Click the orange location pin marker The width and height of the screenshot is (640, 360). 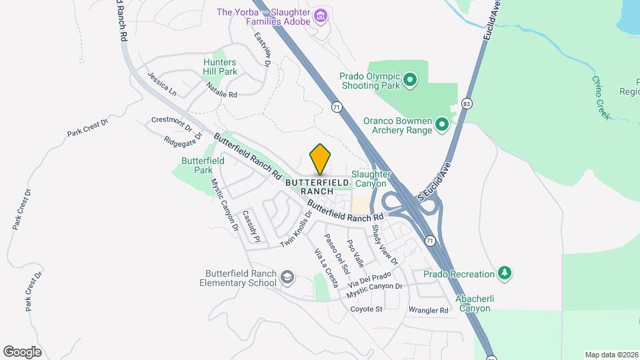coord(321,159)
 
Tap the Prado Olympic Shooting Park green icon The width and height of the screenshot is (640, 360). coord(410,81)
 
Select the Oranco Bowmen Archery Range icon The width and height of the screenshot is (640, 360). coord(441,125)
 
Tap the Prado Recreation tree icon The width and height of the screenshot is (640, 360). coord(505,273)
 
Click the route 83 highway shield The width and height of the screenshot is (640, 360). coord(466,105)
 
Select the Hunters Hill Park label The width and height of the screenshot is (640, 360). coord(220,66)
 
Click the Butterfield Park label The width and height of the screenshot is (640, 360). coord(197,165)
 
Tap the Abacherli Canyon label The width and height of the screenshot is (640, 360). coord(474,303)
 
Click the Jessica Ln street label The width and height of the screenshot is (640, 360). coord(162,84)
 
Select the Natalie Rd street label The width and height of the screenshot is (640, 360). coord(221,90)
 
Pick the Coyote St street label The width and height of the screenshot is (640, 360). coord(367,309)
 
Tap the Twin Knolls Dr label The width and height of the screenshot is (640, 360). coord(296,230)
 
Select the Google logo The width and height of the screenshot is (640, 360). coord(22,351)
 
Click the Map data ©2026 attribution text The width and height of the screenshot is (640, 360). coord(611,355)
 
